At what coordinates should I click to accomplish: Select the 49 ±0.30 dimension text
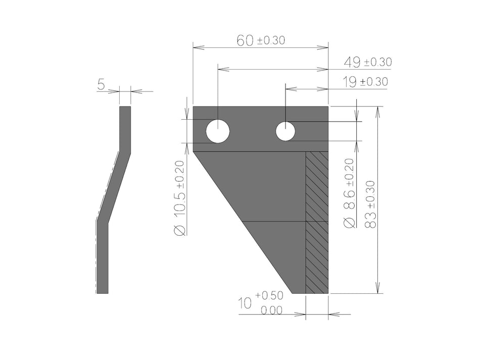[367, 62]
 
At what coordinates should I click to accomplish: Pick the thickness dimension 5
[101, 85]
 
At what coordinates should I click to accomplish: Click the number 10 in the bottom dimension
[245, 303]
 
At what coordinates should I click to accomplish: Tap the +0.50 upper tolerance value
[269, 295]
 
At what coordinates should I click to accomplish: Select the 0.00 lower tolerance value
[272, 311]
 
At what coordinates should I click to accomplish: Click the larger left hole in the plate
[218, 131]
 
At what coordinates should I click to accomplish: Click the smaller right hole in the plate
[285, 131]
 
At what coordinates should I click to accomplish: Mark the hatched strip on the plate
[317, 222]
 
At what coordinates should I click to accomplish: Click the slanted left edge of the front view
[243, 222]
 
